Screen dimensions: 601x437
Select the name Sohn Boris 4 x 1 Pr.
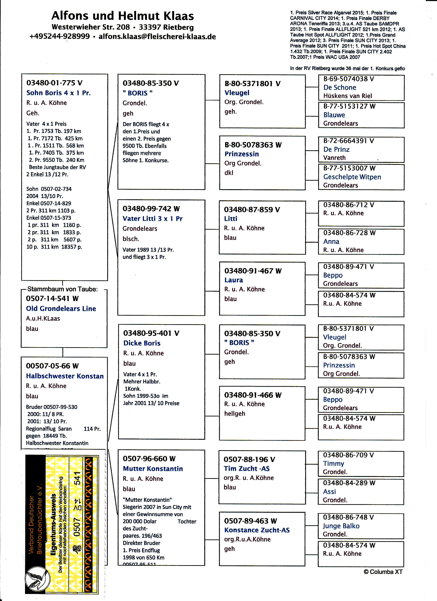[x=58, y=93]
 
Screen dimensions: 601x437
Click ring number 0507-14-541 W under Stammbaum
[x=52, y=299]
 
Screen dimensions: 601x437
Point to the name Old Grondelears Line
[x=61, y=308]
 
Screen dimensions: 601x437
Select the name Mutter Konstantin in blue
[x=153, y=469]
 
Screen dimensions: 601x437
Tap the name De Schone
[x=339, y=87]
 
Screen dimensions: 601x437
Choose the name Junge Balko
[x=341, y=526]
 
